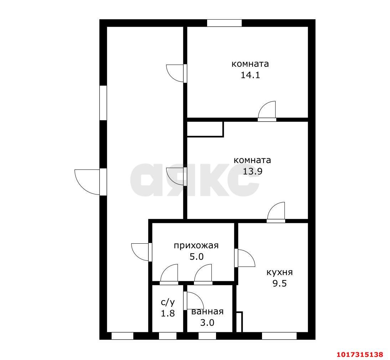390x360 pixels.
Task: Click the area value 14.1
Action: click(x=250, y=75)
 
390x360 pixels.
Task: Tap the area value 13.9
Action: click(x=252, y=171)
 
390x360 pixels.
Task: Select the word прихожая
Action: click(x=196, y=246)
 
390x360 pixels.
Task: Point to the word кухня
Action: click(x=279, y=272)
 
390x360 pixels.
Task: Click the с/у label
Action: click(x=168, y=303)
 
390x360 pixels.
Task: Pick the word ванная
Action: click(x=207, y=311)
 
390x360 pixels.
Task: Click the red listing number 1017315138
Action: click(x=360, y=354)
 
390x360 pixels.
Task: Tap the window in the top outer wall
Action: click(x=224, y=23)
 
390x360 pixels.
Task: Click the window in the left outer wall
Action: click(x=103, y=103)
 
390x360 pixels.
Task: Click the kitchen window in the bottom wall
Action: click(x=279, y=336)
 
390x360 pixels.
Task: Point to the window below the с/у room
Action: click(x=168, y=336)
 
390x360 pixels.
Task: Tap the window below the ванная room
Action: click(x=207, y=336)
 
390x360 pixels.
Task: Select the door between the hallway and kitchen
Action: click(x=245, y=258)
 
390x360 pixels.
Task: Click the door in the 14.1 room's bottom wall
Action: click(x=267, y=111)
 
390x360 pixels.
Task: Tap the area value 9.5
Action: click(x=280, y=284)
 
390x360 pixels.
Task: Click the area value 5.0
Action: click(x=196, y=257)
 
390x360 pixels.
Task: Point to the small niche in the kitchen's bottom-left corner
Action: click(x=239, y=322)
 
